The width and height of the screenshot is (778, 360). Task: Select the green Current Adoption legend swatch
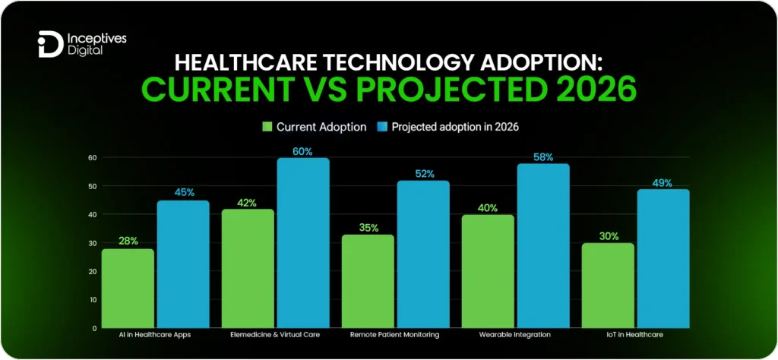coord(267,127)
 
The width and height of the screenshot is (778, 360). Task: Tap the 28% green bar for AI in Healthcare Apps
coord(128,288)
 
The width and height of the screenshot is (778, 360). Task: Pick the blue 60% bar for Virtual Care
coord(303,243)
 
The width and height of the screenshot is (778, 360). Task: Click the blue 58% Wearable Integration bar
coord(542,245)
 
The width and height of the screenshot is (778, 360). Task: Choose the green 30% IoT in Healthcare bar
coord(608,285)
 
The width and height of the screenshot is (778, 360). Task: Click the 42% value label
coord(246,203)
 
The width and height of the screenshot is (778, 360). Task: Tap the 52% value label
coord(423,174)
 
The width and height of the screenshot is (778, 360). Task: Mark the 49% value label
coord(662,182)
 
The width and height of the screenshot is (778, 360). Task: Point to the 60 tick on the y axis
coord(92,158)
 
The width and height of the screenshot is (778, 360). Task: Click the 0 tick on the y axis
coord(94,328)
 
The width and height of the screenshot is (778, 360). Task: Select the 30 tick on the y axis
coord(92,243)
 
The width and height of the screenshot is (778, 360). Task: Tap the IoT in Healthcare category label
coord(634,334)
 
